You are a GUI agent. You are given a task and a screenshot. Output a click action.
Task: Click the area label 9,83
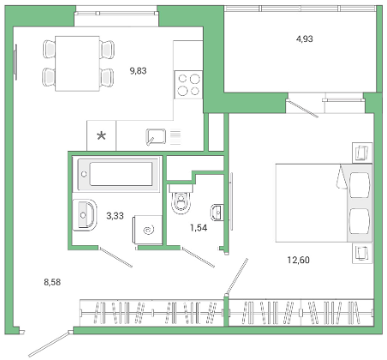coord(138,70)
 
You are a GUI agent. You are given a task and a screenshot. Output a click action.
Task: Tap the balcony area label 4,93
coord(305,39)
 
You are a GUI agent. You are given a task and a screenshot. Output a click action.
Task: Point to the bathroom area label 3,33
coord(115,216)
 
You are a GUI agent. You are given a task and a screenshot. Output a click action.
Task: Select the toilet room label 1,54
coord(199,228)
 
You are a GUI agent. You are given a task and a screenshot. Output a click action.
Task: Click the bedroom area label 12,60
coord(298,260)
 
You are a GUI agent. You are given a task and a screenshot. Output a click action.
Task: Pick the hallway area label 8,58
coord(52,282)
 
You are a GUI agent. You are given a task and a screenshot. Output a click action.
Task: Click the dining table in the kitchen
coord(77,63)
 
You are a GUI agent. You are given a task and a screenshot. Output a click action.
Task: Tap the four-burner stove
coord(188,85)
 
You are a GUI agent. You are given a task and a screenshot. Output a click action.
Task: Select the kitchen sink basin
coord(156,136)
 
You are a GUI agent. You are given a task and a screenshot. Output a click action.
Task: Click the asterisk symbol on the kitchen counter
coord(101,135)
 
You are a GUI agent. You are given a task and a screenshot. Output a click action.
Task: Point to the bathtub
coord(116,174)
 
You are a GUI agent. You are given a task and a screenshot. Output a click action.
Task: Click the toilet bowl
coord(181,200)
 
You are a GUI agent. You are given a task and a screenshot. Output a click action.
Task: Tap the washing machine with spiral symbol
coord(147,230)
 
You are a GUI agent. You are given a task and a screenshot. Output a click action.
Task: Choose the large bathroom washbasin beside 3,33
coord(85,215)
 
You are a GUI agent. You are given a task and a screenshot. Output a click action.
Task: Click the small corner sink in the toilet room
coord(217,213)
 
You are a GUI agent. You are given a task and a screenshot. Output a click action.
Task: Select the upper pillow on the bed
coord(360,185)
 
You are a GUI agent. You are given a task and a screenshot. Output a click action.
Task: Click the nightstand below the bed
coord(362,253)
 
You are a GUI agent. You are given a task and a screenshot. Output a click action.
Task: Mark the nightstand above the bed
coord(362,153)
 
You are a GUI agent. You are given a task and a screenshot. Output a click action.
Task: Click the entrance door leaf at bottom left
coord(49,344)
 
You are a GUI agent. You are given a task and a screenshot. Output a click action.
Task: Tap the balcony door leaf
coord(302,108)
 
